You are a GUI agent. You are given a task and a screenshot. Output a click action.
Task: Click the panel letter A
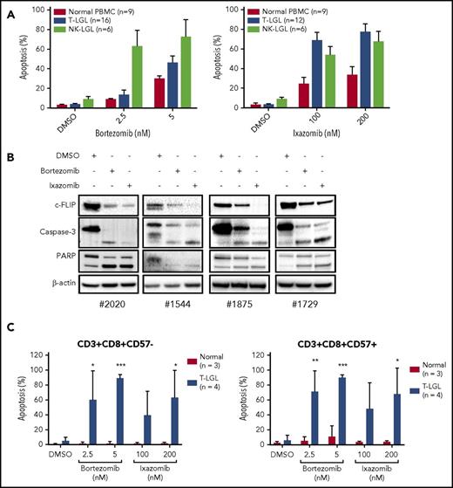point(8,8)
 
